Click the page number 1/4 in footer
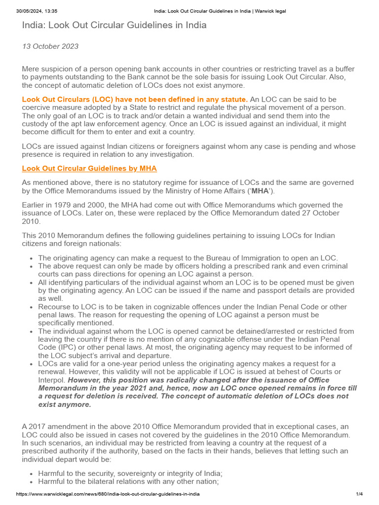point(359,494)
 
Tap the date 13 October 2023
point(50,46)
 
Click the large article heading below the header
point(114,25)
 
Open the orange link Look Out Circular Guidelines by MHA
point(89,168)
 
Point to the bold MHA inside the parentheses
point(260,191)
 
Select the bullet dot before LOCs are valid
point(32,364)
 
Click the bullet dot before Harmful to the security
point(32,473)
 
